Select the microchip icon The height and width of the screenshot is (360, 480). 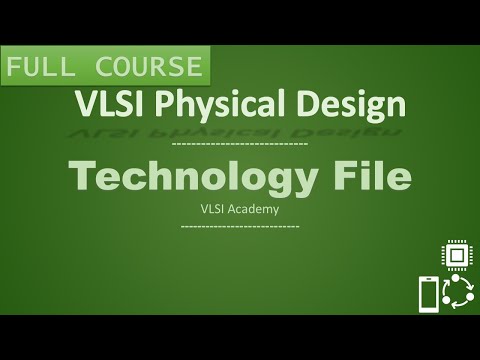(x=456, y=255)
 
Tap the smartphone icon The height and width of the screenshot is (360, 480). (x=427, y=295)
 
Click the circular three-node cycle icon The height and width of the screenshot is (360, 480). (x=457, y=294)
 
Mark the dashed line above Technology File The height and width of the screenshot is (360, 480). (x=240, y=146)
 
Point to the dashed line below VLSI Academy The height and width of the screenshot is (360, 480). (x=240, y=226)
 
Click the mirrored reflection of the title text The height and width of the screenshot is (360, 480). (x=240, y=130)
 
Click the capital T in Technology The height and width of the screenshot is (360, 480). (x=84, y=176)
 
